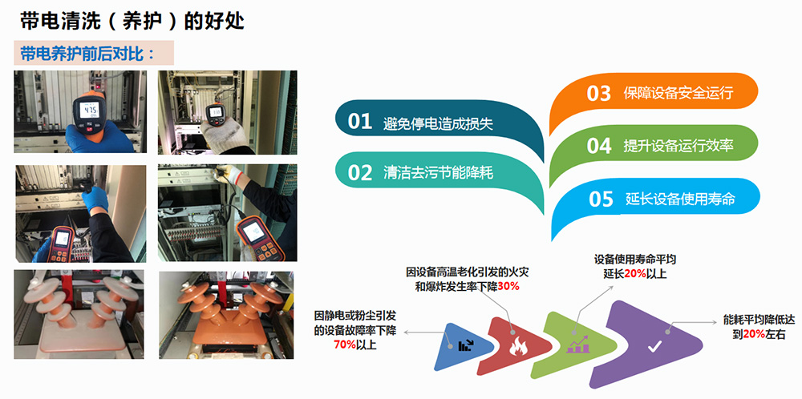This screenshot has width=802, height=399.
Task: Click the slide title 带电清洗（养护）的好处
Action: pyautogui.click(x=132, y=22)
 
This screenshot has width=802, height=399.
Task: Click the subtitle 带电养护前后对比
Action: pyautogui.click(x=87, y=53)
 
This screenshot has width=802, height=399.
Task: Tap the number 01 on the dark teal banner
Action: pyautogui.click(x=359, y=122)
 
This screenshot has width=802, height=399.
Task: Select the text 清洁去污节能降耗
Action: pyautogui.click(x=439, y=173)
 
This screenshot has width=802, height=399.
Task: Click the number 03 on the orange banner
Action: pyautogui.click(x=599, y=94)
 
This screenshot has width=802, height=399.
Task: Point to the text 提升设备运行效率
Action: pyautogui.click(x=678, y=145)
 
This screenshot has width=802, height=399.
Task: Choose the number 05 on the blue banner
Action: pyautogui.click(x=601, y=199)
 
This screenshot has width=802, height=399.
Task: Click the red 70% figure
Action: pyautogui.click(x=345, y=345)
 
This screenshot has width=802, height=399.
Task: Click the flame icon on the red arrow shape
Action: pyautogui.click(x=518, y=348)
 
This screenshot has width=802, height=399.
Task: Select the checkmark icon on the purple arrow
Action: pyautogui.click(x=654, y=348)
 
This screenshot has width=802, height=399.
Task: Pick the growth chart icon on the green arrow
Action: pyautogui.click(x=578, y=345)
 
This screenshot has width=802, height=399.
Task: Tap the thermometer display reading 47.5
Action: pyautogui.click(x=89, y=110)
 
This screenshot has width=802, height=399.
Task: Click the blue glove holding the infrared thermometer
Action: pyautogui.click(x=97, y=137)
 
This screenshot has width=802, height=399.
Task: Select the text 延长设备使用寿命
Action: pyautogui.click(x=680, y=198)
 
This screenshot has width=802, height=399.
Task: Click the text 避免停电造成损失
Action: pyautogui.click(x=439, y=123)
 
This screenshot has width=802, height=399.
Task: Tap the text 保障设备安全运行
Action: pyautogui.click(x=678, y=93)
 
